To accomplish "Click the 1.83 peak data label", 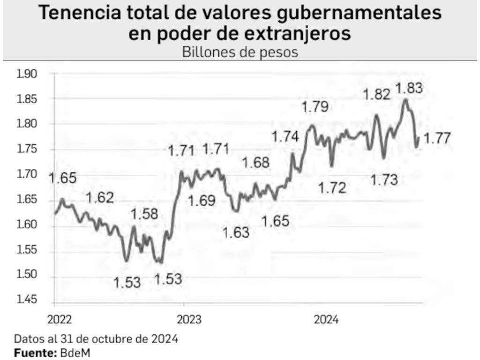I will pyautogui.click(x=409, y=88).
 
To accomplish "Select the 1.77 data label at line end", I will pyautogui.click(x=437, y=138).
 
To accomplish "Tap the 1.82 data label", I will pyautogui.click(x=377, y=94).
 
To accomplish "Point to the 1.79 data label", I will pyautogui.click(x=315, y=107).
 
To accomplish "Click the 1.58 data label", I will pyautogui.click(x=145, y=214).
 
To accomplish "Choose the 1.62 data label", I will pyautogui.click(x=100, y=197).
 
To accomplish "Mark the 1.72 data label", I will pyautogui.click(x=332, y=188).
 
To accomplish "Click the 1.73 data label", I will pyautogui.click(x=384, y=179).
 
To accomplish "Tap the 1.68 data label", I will pyautogui.click(x=256, y=163).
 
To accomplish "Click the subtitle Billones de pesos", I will pyautogui.click(x=240, y=52).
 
